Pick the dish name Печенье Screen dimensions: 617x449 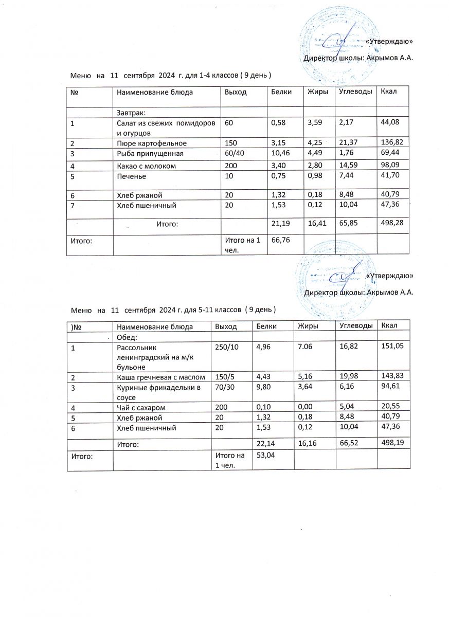(132, 176)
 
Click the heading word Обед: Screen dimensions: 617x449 (127, 337)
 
